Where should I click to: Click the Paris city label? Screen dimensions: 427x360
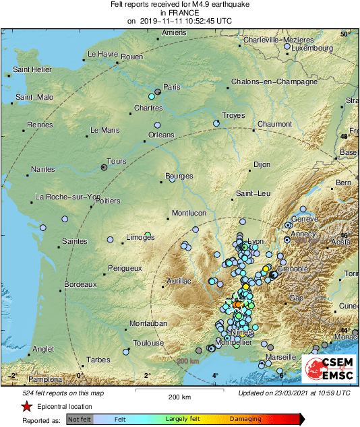coord(173,87)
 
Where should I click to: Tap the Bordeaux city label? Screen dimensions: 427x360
coord(80,284)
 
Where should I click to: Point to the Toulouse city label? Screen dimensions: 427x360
coord(148,343)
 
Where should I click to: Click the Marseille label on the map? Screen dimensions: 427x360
coord(281,356)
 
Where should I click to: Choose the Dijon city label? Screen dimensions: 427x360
coord(261,164)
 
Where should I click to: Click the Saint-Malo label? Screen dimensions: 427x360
coord(34,98)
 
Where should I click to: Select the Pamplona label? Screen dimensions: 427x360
coord(28,381)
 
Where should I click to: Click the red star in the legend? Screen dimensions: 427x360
coord(26,407)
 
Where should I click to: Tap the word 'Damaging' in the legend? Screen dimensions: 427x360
coord(245,419)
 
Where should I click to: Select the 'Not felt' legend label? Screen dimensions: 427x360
coord(81,419)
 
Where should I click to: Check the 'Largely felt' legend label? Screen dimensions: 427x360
coord(184,419)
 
